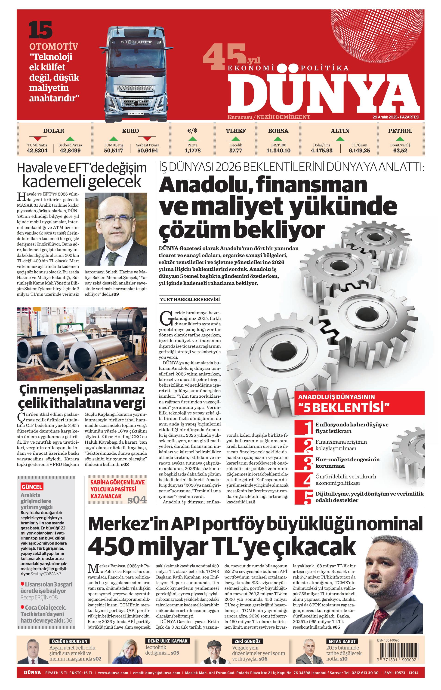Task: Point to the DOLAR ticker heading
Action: pos(54,131)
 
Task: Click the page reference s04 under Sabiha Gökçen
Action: pos(137,499)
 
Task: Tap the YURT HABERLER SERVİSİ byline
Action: pos(190,300)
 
